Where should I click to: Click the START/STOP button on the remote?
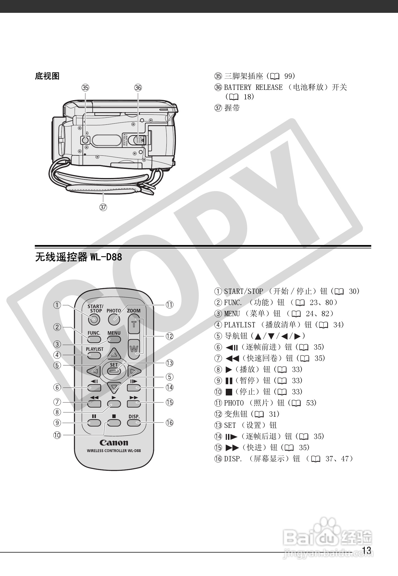click(94, 320)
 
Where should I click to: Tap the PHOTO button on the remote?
click(114, 320)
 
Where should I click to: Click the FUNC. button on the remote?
click(94, 339)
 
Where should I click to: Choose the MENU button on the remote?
click(114, 339)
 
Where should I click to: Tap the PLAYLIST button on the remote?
click(94, 355)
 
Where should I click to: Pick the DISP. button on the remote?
click(134, 423)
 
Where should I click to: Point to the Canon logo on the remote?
click(114, 443)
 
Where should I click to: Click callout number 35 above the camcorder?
click(85, 88)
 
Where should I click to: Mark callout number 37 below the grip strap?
click(103, 207)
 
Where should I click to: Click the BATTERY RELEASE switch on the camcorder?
click(139, 140)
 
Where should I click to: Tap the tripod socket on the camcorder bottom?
click(85, 140)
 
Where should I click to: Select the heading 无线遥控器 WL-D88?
click(78, 257)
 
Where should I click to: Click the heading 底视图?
click(47, 76)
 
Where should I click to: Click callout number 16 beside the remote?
click(169, 423)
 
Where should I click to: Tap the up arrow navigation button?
click(114, 354)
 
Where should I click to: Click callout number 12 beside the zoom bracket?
click(169, 336)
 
